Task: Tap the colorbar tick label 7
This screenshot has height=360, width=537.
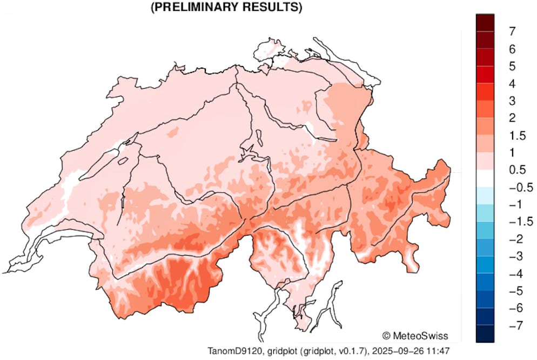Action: point(512,31)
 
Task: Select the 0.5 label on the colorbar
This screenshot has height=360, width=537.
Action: point(516,170)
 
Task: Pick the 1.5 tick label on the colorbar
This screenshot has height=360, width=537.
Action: point(516,135)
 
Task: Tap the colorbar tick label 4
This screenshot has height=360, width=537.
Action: point(512,83)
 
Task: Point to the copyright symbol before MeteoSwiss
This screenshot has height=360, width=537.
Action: point(387,335)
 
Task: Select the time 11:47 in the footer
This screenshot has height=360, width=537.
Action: point(439,351)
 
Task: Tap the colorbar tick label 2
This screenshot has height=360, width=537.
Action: point(512,118)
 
